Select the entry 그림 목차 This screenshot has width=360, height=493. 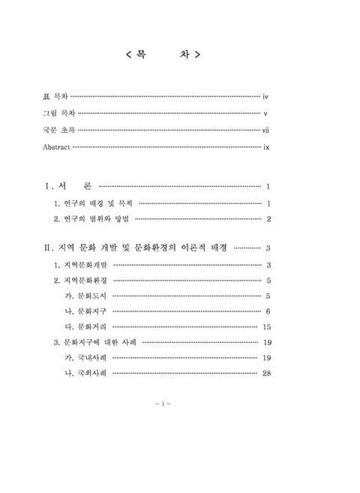60,114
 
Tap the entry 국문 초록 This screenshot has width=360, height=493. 60,131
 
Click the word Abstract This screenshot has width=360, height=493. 58,148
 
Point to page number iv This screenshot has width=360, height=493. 266,97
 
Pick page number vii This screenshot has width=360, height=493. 265,131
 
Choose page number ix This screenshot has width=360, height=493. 266,148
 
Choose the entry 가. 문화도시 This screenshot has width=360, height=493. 87,296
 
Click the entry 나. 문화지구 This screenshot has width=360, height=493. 87,311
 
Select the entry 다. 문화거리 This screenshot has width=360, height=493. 87,327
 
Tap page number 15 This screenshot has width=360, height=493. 266,327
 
